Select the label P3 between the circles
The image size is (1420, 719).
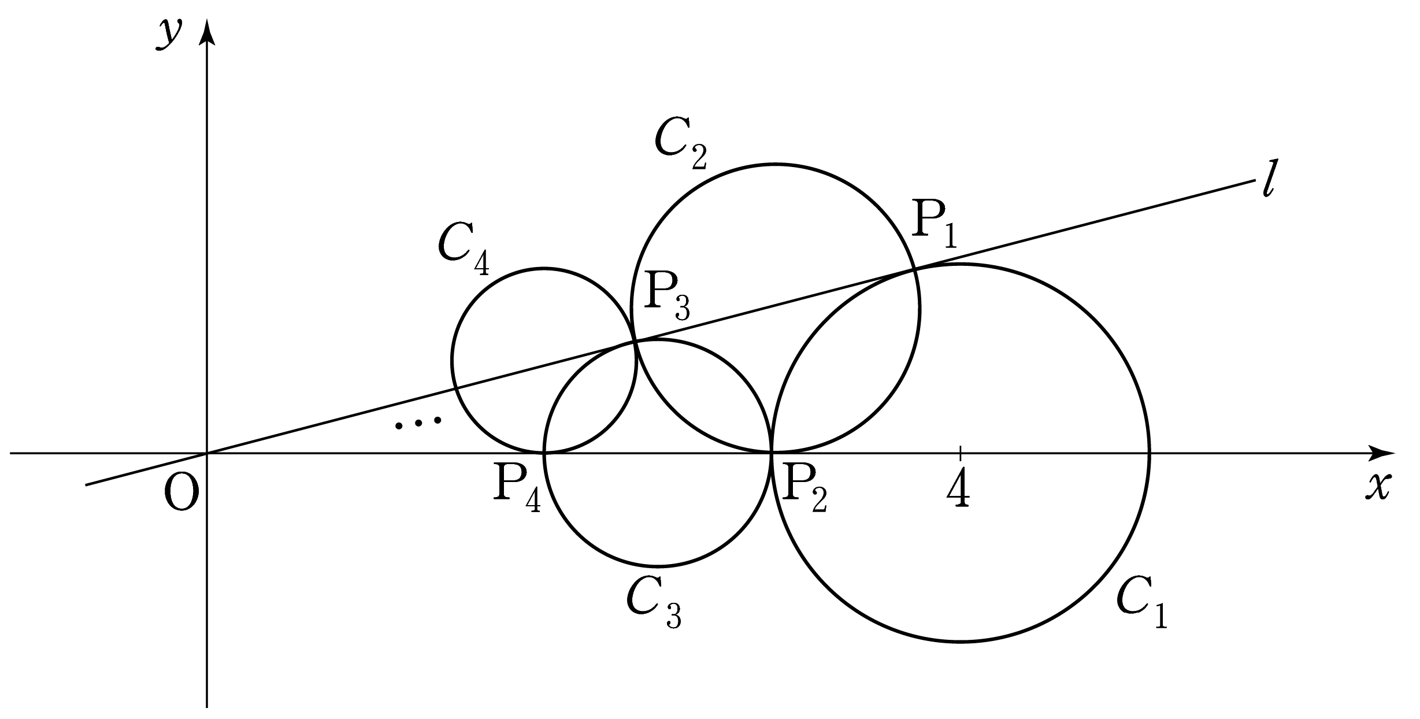pos(666,297)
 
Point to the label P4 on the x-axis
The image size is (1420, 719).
pos(517,490)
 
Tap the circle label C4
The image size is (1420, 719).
pos(464,250)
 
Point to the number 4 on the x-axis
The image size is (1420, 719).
pos(959,488)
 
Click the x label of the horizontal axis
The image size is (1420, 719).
pos(1377,487)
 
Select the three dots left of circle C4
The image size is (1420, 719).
pos(418,423)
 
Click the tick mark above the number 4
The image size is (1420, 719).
pos(960,453)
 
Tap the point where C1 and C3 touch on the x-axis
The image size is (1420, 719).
pos(772,453)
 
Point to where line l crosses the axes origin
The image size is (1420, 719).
pos(207,453)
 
